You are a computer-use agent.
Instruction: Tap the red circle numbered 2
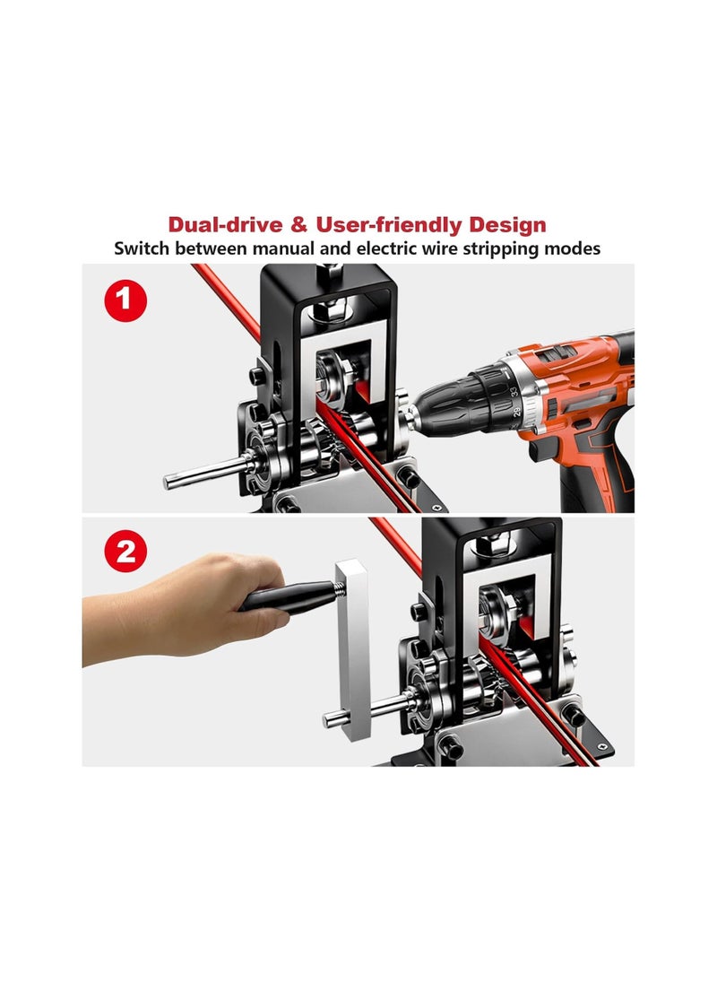(126, 551)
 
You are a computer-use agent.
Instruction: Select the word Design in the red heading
(504, 224)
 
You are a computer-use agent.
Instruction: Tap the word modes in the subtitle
(574, 248)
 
